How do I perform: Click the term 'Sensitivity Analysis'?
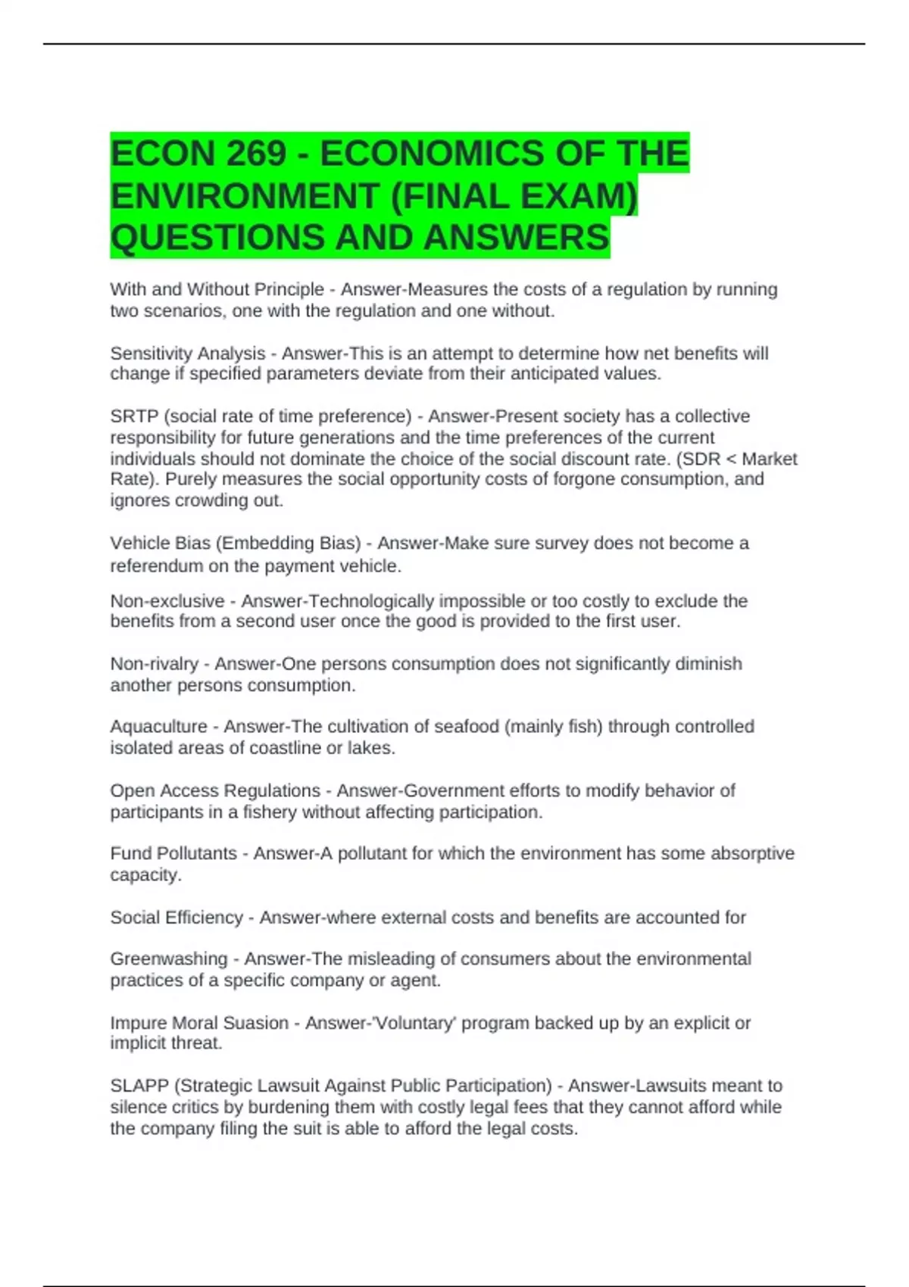187,354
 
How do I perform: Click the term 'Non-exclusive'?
167,601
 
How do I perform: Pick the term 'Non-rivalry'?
154,664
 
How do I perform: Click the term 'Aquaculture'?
158,727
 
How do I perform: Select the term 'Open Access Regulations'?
215,790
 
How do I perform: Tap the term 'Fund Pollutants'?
173,853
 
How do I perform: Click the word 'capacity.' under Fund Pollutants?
145,875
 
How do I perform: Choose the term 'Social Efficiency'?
176,918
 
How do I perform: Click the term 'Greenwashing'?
168,959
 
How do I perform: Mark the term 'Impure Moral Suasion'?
199,1023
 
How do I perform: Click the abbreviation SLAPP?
139,1086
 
